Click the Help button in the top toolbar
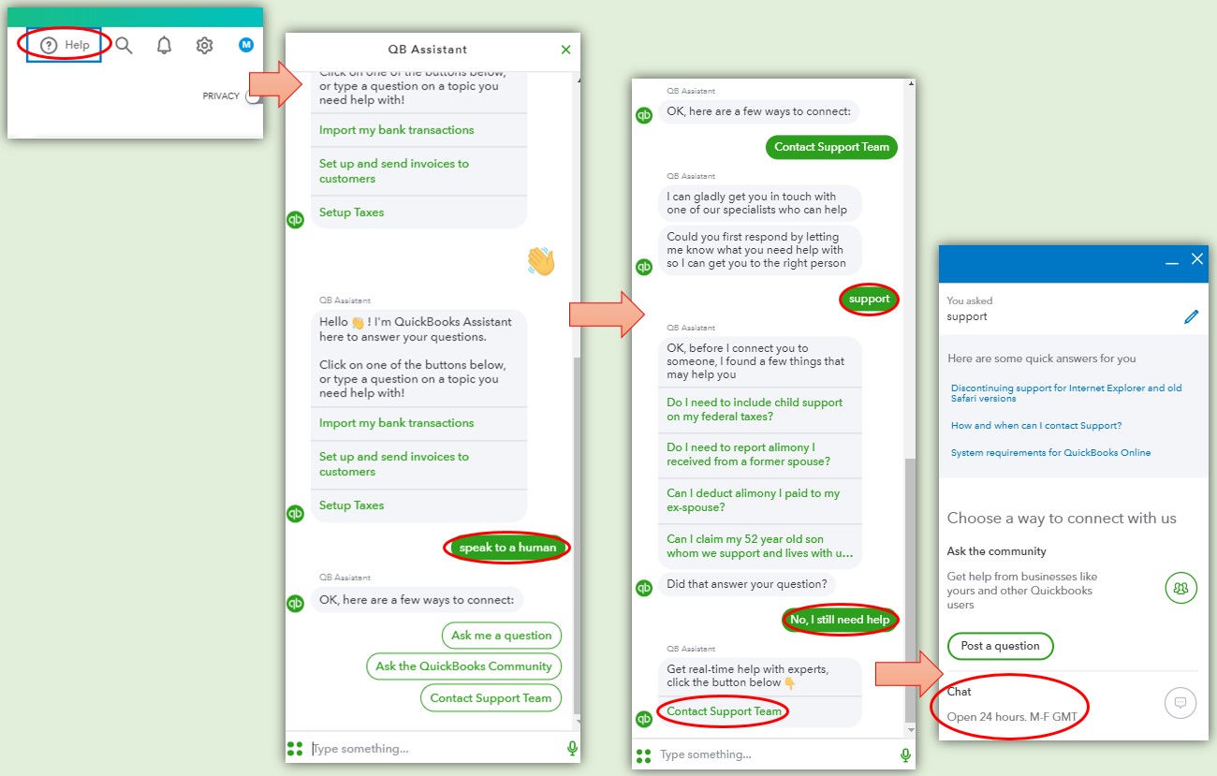pyautogui.click(x=64, y=45)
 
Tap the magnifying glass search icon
pyautogui.click(x=124, y=45)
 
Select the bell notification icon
pyautogui.click(x=164, y=45)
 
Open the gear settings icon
pyautogui.click(x=204, y=45)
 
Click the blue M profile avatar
pyautogui.click(x=246, y=45)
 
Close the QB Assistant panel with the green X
pyautogui.click(x=565, y=50)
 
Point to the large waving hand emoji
pyautogui.click(x=541, y=261)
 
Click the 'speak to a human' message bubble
pyautogui.click(x=507, y=548)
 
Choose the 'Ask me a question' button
pyautogui.click(x=502, y=636)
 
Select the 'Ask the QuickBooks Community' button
pyautogui.click(x=464, y=666)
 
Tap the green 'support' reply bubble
pyautogui.click(x=870, y=299)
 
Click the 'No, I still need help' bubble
pyautogui.click(x=840, y=620)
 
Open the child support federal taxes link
pyautogui.click(x=755, y=409)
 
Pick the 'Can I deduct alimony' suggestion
pyautogui.click(x=753, y=500)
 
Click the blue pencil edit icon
pyautogui.click(x=1191, y=316)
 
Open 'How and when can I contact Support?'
pyautogui.click(x=1036, y=426)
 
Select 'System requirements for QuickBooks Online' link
pyautogui.click(x=1050, y=453)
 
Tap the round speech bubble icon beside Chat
pyautogui.click(x=1180, y=703)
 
